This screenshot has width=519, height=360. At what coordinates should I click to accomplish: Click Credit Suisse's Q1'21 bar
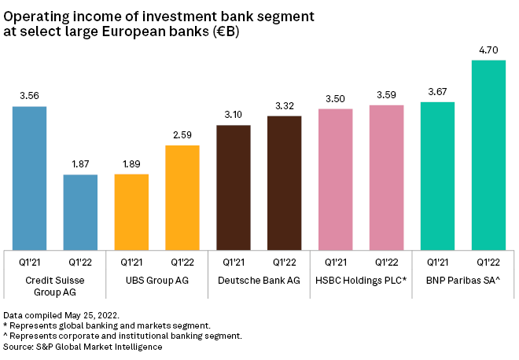click(30, 177)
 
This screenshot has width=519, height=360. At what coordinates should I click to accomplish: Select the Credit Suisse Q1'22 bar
click(80, 211)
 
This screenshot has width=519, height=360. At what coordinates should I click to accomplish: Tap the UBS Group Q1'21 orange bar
click(131, 211)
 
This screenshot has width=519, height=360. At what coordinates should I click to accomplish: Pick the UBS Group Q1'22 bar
click(182, 197)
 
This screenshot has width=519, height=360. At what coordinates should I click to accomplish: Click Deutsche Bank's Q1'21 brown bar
click(234, 186)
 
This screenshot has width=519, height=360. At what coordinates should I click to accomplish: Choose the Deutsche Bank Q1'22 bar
click(285, 182)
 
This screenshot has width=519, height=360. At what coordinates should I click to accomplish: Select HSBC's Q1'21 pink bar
click(336, 178)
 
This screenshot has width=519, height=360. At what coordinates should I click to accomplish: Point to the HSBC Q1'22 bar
click(386, 177)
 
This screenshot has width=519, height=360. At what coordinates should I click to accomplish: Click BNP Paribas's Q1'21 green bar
click(438, 175)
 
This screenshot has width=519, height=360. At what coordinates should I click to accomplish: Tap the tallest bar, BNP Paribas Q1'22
click(488, 154)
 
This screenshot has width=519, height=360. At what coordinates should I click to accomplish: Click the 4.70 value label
click(488, 50)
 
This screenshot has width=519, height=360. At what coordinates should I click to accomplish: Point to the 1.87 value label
click(80, 163)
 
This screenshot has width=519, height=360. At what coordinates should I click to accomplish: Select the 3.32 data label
click(285, 106)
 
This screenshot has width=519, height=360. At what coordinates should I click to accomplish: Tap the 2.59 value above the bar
click(182, 135)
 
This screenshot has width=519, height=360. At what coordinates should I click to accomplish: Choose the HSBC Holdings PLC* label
click(361, 281)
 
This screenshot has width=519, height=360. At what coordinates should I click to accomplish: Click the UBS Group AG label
click(156, 281)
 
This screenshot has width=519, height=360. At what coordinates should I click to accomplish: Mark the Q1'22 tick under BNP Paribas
click(488, 262)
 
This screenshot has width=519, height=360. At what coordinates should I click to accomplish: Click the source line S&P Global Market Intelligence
click(83, 347)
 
